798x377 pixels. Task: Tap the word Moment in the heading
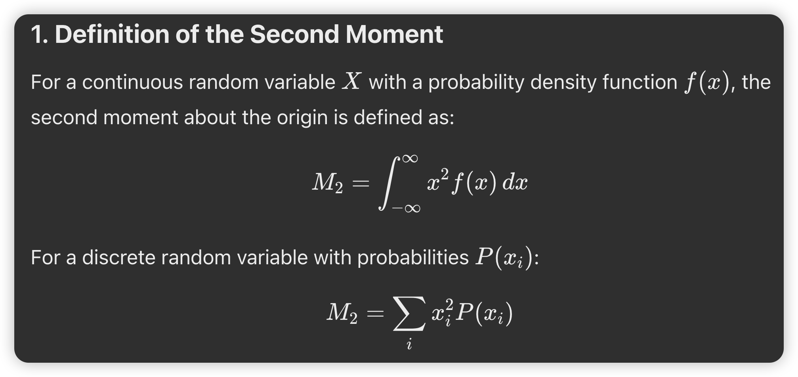coord(394,34)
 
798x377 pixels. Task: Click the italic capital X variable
coord(352,81)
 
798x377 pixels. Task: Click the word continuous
coord(132,82)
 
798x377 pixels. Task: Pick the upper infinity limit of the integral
coord(410,159)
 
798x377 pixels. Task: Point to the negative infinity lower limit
coord(406,208)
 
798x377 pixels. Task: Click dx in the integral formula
coord(515,183)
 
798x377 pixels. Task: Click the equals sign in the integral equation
coord(361,183)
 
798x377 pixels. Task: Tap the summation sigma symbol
coord(409,313)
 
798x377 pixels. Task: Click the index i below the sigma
coord(409,344)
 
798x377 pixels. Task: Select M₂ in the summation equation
coord(342,314)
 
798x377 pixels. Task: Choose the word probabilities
coord(413,258)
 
